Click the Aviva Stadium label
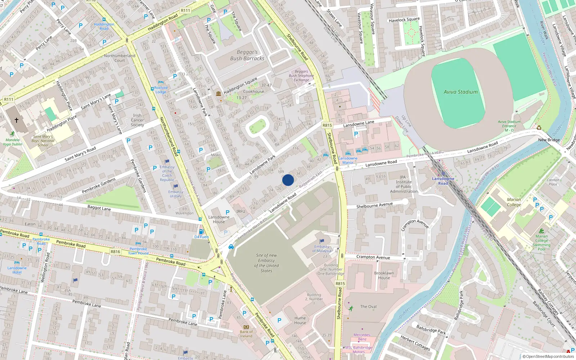point(460,92)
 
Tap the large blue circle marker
point(288,180)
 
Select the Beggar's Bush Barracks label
point(247,55)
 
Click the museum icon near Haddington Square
point(219,94)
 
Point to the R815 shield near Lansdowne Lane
point(327,125)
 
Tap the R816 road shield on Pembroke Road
point(115,252)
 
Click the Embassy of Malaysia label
point(321,249)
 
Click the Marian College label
point(514,202)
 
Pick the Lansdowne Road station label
point(443,181)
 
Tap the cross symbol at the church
point(16,120)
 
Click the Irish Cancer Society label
point(137,120)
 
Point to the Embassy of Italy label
point(176,194)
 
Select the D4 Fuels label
point(202,237)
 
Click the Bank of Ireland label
point(246,334)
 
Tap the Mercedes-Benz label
point(362,337)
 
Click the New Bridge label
point(549,140)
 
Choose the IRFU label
point(240,211)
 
